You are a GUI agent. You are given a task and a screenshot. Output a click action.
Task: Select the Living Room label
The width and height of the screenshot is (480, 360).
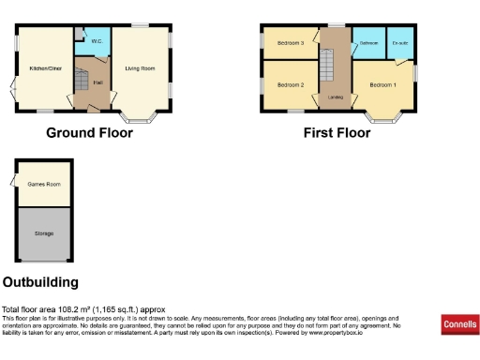pyautogui.click(x=142, y=67)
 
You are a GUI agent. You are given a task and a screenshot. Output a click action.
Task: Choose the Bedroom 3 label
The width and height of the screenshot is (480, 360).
pyautogui.click(x=290, y=43)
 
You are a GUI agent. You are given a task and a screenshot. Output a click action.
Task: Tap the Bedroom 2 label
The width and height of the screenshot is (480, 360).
pyautogui.click(x=290, y=85)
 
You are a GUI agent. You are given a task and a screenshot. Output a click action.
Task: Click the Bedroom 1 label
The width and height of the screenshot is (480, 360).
pyautogui.click(x=382, y=85)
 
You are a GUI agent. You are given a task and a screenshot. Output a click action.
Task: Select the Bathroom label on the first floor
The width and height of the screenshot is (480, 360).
pyautogui.click(x=368, y=43)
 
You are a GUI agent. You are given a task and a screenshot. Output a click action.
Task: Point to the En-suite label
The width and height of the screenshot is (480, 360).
pyautogui.click(x=399, y=43)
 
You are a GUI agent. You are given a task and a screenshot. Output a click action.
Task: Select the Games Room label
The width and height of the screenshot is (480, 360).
pyautogui.click(x=43, y=184)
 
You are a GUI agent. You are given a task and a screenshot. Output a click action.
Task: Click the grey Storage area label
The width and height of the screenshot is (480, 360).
pyautogui.click(x=43, y=232)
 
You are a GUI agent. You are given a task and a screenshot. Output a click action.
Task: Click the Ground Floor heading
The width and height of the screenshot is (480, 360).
pyautogui.click(x=89, y=133)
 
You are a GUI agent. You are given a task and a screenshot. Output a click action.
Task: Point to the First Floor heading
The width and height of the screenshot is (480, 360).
pyautogui.click(x=337, y=133)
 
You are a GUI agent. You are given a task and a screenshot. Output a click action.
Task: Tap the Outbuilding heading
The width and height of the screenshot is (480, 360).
pyautogui.click(x=40, y=282)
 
